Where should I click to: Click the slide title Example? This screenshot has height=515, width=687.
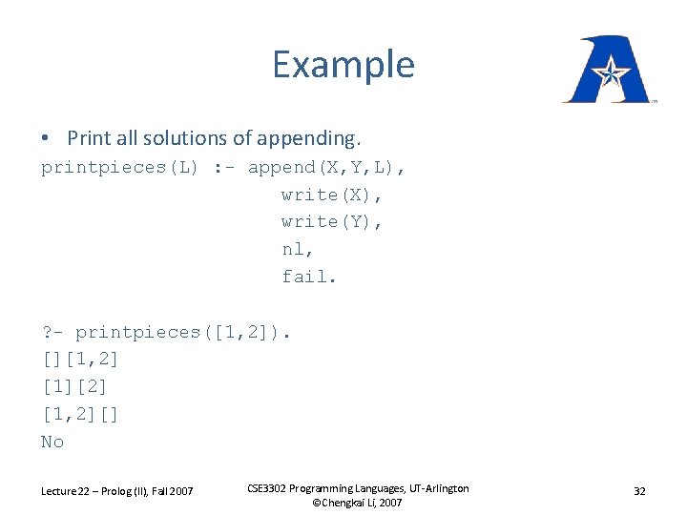[343, 65]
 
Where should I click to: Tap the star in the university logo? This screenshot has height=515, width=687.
[608, 70]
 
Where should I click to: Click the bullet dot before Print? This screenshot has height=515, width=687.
[46, 138]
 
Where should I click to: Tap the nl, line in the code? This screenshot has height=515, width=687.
[297, 249]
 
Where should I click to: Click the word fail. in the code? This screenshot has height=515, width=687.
[307, 277]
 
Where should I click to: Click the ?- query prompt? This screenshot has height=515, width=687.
[52, 333]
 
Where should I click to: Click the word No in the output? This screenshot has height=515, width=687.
[52, 442]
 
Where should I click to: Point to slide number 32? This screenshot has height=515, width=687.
[639, 491]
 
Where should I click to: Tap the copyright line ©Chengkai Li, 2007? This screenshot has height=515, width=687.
[357, 503]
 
